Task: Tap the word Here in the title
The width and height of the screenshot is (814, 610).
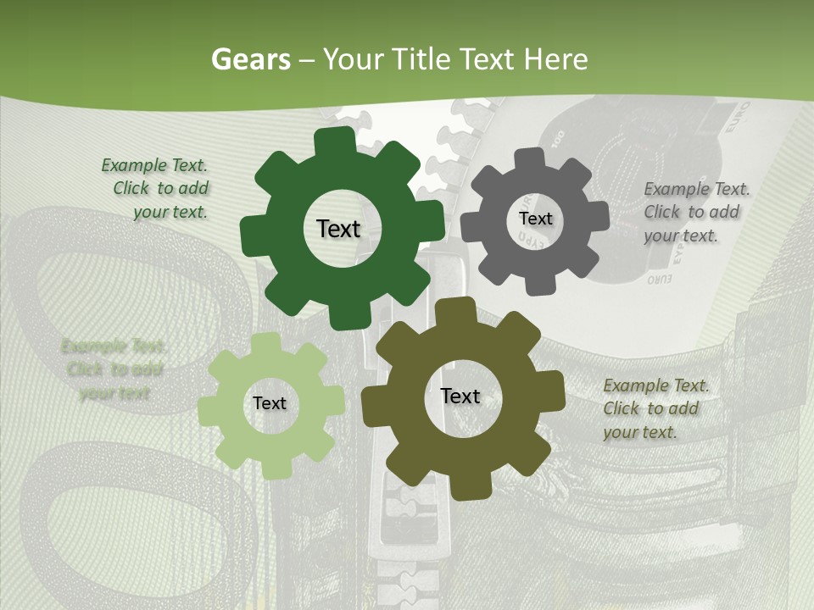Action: [x=556, y=59]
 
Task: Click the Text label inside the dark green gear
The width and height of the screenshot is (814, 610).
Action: [x=338, y=229]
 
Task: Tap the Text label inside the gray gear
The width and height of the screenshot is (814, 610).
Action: [x=535, y=219]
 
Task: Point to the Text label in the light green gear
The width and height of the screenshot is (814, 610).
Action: [x=270, y=403]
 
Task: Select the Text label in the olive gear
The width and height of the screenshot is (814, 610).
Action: [x=460, y=396]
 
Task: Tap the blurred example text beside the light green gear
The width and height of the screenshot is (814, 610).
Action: [x=114, y=369]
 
